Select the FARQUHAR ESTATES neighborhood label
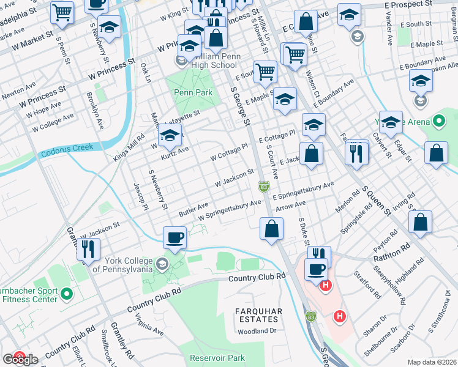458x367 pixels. pyautogui.click(x=259, y=316)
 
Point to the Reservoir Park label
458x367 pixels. pyautogui.click(x=217, y=358)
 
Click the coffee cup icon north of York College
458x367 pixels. pyautogui.click(x=175, y=238)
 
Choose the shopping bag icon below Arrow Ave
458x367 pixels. pyautogui.click(x=271, y=230)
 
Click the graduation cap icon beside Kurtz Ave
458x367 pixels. pyautogui.click(x=170, y=136)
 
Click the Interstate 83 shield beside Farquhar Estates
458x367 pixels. pyautogui.click(x=312, y=316)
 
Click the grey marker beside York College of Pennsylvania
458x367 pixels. pyautogui.click(x=162, y=265)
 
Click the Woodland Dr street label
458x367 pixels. pyautogui.click(x=257, y=331)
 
